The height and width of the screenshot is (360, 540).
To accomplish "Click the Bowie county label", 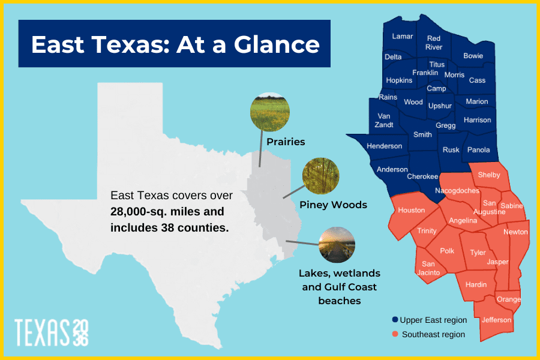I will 473,56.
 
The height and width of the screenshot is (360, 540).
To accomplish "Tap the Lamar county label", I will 402,36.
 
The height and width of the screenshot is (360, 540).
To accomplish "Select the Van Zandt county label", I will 385,121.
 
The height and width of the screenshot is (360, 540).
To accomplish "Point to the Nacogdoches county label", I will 457,191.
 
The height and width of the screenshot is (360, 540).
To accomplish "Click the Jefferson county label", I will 496,320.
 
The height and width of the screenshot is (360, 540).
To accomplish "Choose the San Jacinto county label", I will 428,268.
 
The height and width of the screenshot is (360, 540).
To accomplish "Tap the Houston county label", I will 411,210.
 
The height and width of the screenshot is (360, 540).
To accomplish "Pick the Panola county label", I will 478,150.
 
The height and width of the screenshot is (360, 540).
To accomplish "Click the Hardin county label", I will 476,284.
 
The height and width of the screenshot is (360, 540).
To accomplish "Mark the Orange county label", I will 508,299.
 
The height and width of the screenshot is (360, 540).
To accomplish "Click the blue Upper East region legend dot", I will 394,320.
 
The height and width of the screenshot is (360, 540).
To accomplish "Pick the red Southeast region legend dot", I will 394,334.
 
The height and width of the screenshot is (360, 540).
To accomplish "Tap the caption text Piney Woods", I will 333,205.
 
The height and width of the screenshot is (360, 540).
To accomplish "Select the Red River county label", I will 434,43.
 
